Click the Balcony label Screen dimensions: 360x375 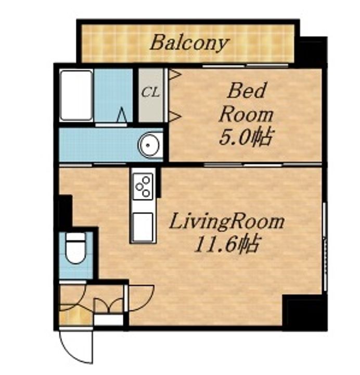[189, 43]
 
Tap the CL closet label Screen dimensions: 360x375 [150, 92]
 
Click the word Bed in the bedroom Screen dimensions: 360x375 [247, 90]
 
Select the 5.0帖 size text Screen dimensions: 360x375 [246, 137]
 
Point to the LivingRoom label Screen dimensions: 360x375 [227, 222]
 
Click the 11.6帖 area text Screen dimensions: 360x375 [226, 244]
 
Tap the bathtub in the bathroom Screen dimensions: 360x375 [76, 95]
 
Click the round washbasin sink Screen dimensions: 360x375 [148, 145]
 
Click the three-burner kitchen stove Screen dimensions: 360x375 [143, 186]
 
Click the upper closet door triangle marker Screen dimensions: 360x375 [175, 74]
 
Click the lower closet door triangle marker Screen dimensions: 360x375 [175, 117]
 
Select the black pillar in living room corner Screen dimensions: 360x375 [304, 312]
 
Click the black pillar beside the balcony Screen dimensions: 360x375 [312, 50]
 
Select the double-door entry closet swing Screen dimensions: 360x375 [109, 305]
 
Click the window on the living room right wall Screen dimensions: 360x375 [325, 246]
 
